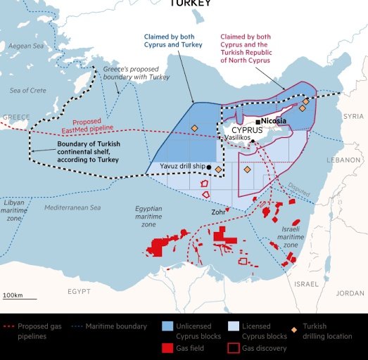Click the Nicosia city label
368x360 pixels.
point(274,121)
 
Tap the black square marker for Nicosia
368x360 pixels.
point(258,122)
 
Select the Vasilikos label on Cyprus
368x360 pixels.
point(239,139)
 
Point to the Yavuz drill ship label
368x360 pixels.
point(172,167)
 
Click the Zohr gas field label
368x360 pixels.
point(219,211)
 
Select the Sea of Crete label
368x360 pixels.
point(29,91)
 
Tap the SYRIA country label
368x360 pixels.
point(353,115)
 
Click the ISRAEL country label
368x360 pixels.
point(306,284)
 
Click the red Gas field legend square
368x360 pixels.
point(167,347)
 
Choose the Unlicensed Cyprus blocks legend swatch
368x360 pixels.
point(167,326)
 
